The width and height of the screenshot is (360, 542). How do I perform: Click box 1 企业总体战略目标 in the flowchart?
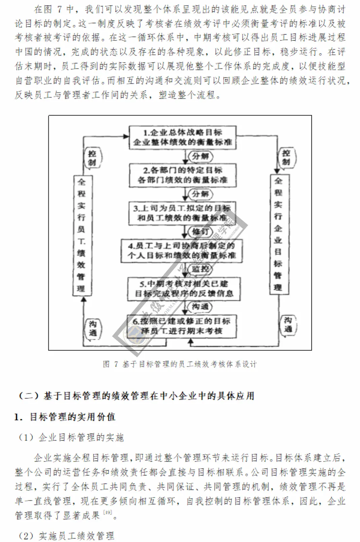click(183, 137)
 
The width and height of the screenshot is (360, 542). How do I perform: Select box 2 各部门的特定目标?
click(183, 175)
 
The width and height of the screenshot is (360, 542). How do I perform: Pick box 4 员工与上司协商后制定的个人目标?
click(182, 251)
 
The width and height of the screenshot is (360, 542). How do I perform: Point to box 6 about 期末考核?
click(182, 326)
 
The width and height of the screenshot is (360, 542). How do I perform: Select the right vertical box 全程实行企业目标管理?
click(278, 234)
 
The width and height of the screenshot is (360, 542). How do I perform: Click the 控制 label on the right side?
click(286, 157)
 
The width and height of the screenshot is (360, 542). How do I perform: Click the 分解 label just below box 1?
click(201, 156)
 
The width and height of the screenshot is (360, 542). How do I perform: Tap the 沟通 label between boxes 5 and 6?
click(201, 307)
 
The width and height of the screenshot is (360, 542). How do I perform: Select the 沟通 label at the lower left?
click(93, 329)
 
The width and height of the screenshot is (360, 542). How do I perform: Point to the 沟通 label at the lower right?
click(288, 325)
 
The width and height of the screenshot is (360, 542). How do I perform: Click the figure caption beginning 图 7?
click(180, 364)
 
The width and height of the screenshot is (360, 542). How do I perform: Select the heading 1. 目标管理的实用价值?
click(65, 417)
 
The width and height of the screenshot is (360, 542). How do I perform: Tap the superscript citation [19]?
click(108, 512)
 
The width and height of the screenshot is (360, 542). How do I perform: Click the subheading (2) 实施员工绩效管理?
click(67, 536)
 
